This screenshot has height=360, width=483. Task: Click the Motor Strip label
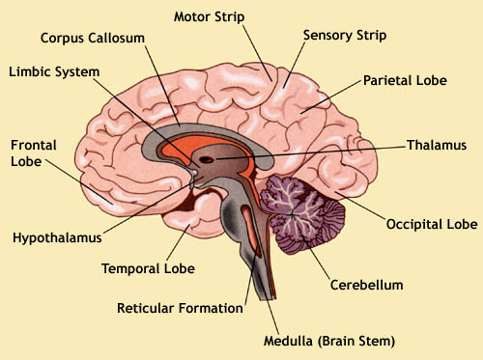210,16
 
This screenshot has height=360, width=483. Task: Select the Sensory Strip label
345,36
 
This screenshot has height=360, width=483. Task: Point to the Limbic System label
53,71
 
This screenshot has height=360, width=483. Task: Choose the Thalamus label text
437,145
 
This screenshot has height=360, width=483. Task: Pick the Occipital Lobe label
432,224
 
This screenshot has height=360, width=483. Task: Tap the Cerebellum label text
366,286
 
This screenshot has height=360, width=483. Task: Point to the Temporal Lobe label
149,269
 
